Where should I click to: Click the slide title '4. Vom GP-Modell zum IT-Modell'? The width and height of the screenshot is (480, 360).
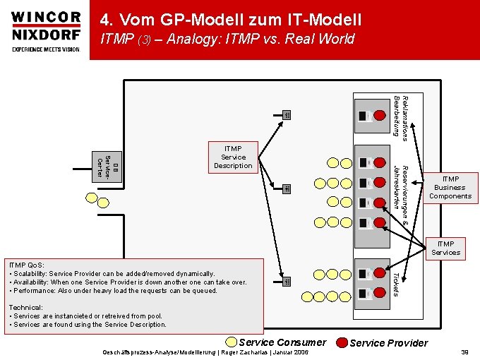point(230,20)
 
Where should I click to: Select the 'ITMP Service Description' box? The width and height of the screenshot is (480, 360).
point(233,157)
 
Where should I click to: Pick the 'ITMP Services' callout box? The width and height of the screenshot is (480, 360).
point(445,248)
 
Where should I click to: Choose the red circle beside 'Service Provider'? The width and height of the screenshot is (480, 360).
point(342,343)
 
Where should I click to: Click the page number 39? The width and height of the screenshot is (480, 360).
point(464,351)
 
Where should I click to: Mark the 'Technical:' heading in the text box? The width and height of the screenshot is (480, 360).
point(26,308)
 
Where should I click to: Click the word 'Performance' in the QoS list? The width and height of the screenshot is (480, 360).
point(33,290)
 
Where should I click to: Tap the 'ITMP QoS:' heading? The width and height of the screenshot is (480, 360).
point(25,265)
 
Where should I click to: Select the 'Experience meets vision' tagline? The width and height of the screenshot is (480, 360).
point(46,49)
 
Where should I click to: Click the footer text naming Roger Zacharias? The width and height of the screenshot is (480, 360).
point(205,351)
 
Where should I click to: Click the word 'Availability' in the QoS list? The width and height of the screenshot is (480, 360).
point(30,282)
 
